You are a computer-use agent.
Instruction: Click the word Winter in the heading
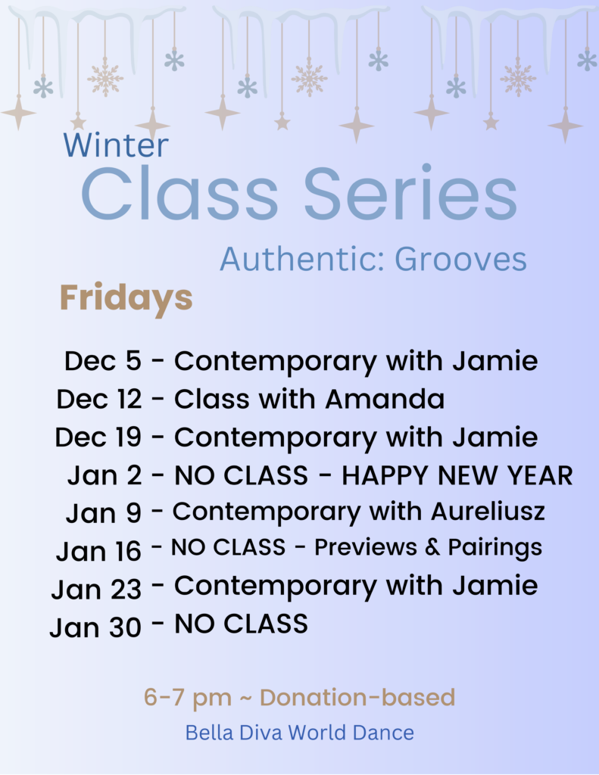(x=116, y=145)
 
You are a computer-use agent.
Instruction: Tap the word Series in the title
(x=410, y=193)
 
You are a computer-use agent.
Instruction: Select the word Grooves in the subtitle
(x=460, y=259)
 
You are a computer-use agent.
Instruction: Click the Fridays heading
(x=126, y=298)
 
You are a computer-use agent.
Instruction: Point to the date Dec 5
(x=103, y=360)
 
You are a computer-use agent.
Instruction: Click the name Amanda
(x=385, y=399)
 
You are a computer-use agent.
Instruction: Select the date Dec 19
(x=98, y=437)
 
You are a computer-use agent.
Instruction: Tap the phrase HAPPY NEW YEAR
(x=457, y=475)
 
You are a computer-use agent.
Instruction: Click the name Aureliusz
(x=488, y=512)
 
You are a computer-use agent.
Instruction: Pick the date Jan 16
(x=98, y=551)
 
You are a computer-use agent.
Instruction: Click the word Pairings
(x=495, y=548)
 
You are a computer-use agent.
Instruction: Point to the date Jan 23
(x=96, y=589)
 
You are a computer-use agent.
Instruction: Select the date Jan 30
(x=95, y=627)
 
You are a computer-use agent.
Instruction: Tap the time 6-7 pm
(x=188, y=698)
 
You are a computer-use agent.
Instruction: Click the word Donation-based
(x=357, y=697)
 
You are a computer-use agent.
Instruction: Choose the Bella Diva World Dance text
(x=299, y=733)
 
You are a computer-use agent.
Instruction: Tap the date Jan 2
(x=105, y=475)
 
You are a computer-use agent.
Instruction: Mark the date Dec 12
(x=99, y=399)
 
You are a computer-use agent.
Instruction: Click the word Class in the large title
(x=179, y=193)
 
